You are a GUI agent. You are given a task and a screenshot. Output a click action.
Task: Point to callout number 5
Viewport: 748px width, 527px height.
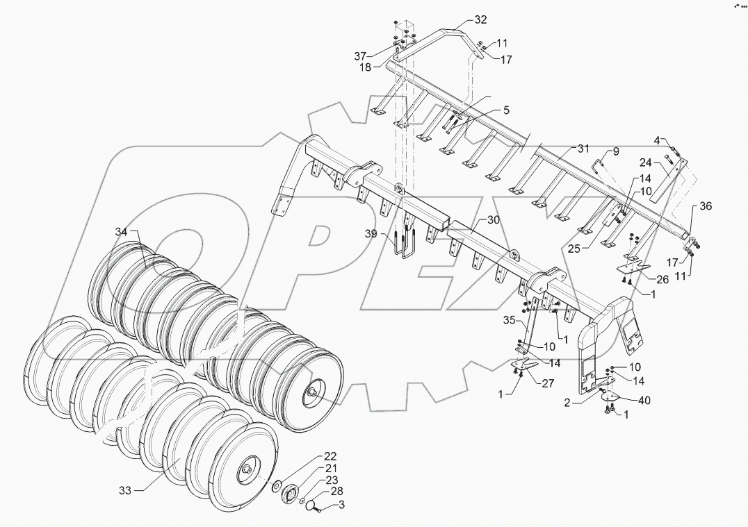(507, 110)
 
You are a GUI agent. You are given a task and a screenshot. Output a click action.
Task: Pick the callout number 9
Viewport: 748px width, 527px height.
(615, 151)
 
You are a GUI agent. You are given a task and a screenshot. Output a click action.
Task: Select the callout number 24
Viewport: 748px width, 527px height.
(646, 164)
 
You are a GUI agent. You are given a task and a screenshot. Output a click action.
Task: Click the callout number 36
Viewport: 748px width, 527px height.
(706, 206)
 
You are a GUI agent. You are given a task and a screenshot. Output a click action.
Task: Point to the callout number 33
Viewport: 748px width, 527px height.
(124, 490)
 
